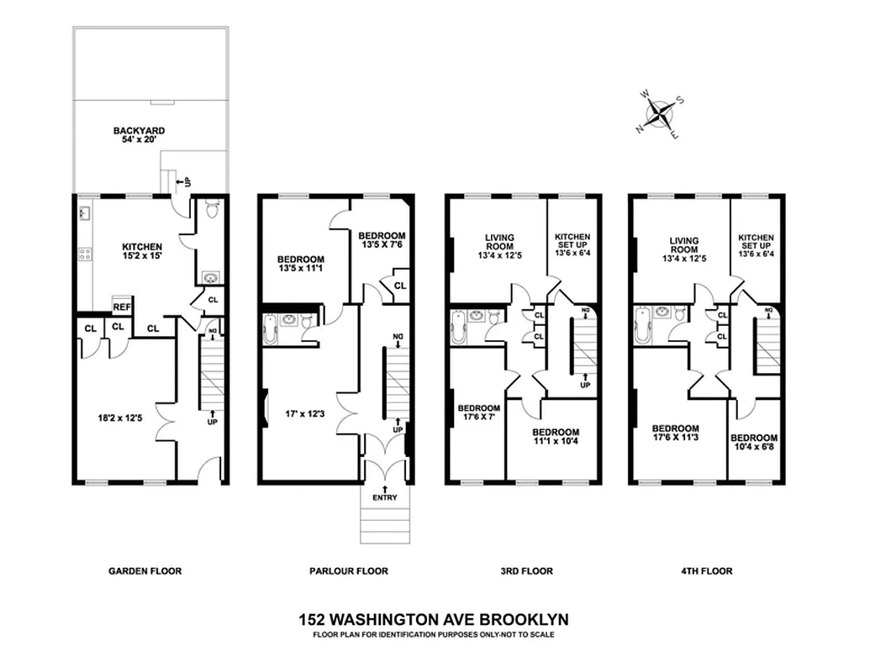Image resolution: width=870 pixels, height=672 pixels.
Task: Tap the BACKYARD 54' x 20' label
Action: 140,136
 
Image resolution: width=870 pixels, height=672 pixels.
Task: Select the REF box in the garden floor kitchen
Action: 122,307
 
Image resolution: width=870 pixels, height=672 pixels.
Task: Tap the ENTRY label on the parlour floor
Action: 385,498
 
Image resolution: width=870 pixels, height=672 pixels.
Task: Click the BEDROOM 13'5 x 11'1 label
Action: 301,265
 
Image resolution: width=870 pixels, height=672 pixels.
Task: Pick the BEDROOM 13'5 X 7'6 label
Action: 382,241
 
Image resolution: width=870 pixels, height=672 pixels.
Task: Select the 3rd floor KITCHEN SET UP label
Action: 572,244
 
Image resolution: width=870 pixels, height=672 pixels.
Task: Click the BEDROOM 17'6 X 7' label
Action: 479,413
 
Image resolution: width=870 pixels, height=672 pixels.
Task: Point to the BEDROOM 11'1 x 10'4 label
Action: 556,438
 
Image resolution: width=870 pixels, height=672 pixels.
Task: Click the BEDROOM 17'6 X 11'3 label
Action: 676,433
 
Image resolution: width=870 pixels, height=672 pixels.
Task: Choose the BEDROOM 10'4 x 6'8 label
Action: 753,443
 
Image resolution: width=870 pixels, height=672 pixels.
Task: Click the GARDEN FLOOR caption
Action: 145,571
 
